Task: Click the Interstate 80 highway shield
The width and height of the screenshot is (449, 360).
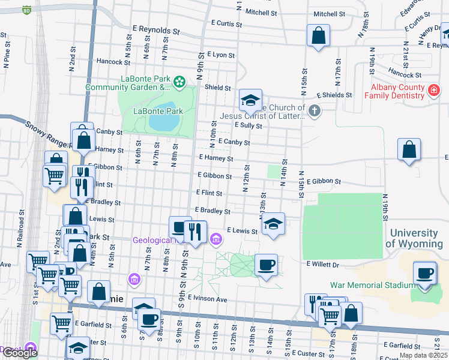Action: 26,10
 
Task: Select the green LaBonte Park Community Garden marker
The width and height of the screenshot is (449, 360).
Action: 178,82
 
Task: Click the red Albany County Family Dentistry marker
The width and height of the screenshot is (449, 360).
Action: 434,91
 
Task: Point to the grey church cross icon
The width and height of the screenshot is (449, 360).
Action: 313,110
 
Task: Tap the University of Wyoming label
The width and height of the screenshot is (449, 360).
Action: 417,238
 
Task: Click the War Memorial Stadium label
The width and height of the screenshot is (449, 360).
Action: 372,285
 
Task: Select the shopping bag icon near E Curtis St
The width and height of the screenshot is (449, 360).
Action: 318,35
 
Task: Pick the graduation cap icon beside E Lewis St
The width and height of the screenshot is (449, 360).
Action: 273,224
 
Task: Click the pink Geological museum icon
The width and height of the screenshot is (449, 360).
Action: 216,240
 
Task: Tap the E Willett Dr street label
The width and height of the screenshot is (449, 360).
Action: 322,264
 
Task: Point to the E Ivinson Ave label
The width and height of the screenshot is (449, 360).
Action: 207,299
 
